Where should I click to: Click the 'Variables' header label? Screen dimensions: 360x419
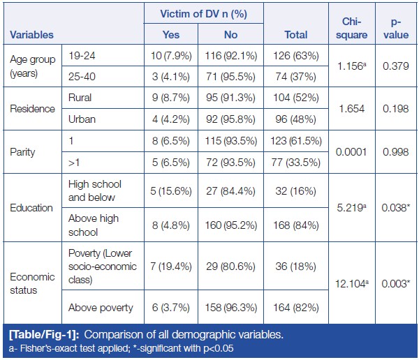click(x=31, y=33)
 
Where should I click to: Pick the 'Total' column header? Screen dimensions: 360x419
click(x=297, y=33)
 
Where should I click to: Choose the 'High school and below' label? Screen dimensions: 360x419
click(x=95, y=190)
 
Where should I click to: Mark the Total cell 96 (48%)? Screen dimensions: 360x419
click(x=297, y=119)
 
